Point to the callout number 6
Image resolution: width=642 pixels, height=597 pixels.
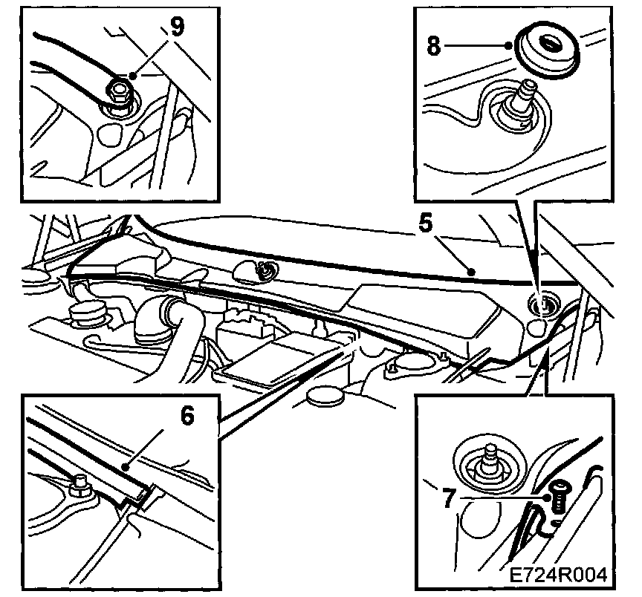pyautogui.click(x=187, y=417)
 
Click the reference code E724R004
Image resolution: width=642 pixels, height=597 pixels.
pyautogui.click(x=558, y=573)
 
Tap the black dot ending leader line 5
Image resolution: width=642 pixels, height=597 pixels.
pyautogui.click(x=470, y=273)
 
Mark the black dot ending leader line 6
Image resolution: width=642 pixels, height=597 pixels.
pyautogui.click(x=127, y=468)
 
